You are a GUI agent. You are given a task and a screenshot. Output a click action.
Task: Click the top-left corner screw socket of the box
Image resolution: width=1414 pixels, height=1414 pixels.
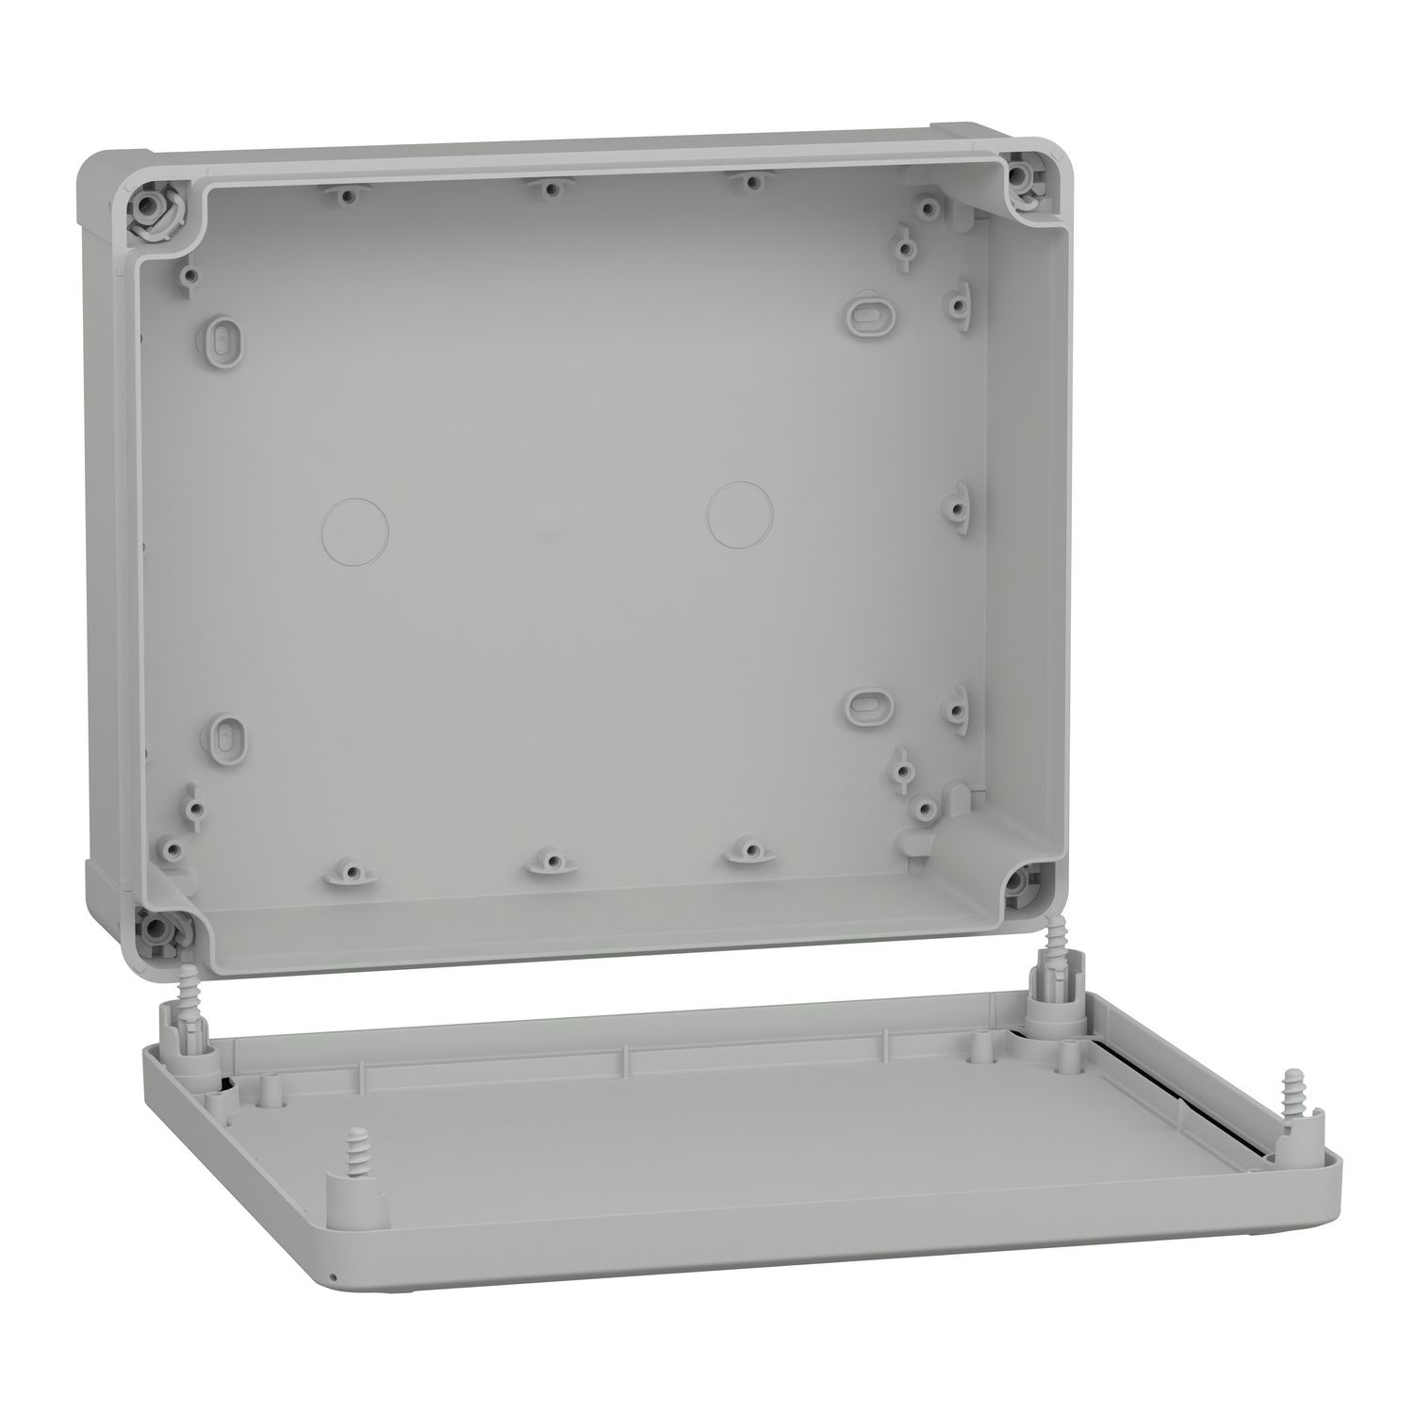coord(149,203)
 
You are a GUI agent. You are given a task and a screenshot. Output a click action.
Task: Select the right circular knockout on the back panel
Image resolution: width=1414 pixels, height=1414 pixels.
coord(740,514)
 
